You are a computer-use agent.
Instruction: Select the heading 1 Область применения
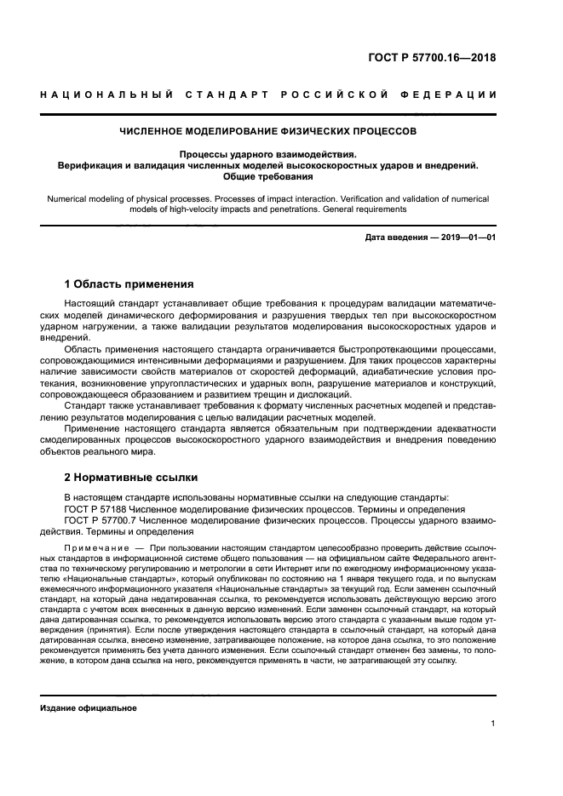pos(129,283)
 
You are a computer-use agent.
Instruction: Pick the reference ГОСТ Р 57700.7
pos(101,520)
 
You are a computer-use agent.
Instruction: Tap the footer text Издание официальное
pos(89,708)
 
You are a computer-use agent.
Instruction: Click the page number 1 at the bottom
pos(492,724)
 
